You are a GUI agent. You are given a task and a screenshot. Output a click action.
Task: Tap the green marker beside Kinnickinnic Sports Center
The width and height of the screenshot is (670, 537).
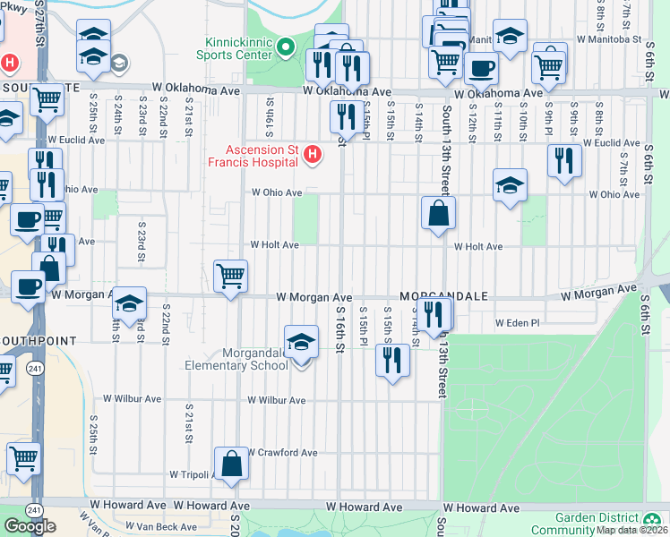tap(286, 47)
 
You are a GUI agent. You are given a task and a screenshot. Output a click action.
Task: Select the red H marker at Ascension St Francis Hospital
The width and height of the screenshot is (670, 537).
tap(313, 155)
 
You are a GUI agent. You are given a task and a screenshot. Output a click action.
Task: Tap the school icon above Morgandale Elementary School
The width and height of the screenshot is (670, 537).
tap(301, 341)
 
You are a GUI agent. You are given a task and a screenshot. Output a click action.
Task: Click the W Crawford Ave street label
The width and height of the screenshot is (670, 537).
tap(281, 453)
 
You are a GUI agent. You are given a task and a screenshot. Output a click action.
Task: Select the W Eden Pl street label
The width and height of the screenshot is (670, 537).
tap(518, 322)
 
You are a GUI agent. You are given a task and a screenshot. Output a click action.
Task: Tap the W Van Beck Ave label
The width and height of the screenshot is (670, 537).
tap(160, 526)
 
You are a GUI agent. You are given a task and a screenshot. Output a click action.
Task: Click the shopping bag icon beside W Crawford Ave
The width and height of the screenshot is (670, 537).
tap(231, 464)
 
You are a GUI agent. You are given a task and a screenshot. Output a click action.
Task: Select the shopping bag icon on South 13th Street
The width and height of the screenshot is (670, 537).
tap(439, 213)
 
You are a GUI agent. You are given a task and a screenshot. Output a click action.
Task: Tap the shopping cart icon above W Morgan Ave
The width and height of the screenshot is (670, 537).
tap(231, 275)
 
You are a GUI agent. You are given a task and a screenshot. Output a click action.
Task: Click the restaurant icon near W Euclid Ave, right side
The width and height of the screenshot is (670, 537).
tap(565, 160)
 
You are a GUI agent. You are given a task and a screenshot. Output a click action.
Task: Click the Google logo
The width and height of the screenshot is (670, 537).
tap(30, 525)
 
